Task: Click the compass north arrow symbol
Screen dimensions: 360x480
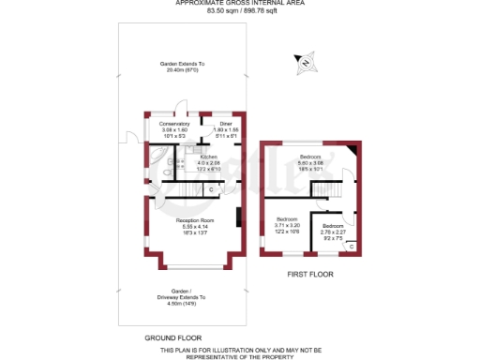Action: tap(305, 64)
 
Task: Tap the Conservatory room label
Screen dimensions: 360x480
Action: tap(174, 124)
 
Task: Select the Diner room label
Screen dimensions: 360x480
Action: tap(225, 124)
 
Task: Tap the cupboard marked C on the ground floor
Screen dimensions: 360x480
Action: tap(210, 190)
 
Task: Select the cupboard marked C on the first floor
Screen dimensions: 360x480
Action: tap(351, 246)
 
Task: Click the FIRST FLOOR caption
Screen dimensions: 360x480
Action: tap(308, 276)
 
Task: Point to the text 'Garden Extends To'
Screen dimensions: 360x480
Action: tap(186, 64)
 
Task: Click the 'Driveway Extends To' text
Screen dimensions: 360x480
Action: tap(185, 297)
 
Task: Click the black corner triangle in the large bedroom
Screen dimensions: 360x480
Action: tap(352, 151)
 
